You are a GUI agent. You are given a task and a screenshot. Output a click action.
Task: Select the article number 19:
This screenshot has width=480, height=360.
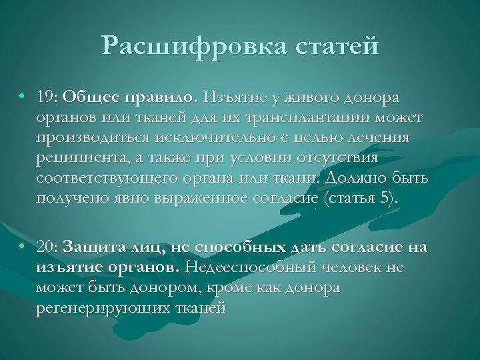coord(47,98)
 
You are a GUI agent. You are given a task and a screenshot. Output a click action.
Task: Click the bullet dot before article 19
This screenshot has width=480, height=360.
coord(23,98)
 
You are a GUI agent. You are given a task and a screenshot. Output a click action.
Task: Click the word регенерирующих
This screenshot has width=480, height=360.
coord(101,308)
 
